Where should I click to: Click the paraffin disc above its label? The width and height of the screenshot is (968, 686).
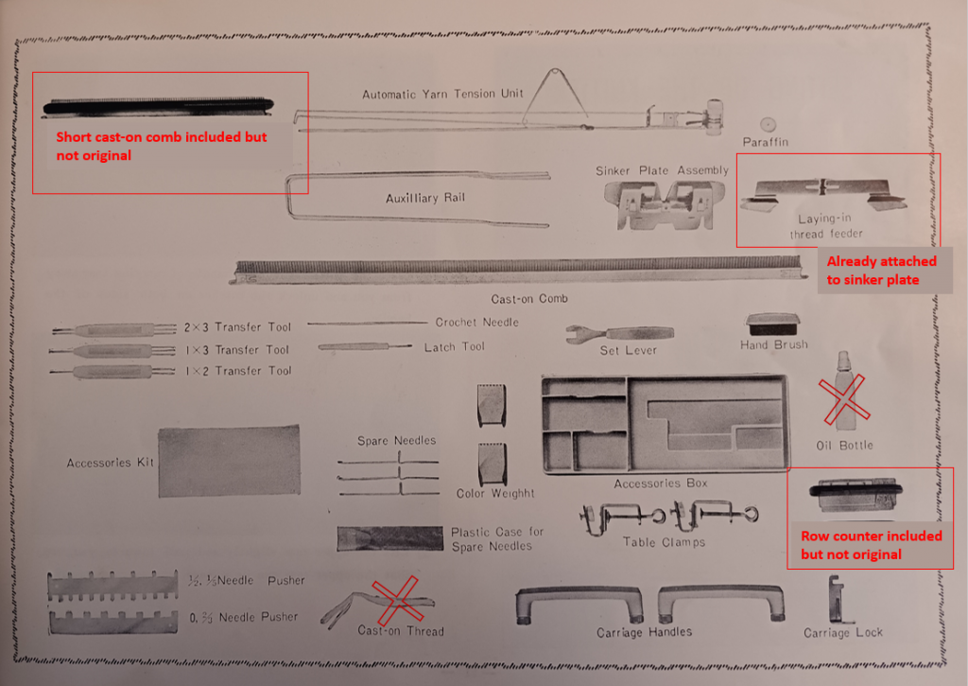[x=768, y=124]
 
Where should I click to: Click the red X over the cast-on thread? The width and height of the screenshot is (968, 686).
[x=398, y=600]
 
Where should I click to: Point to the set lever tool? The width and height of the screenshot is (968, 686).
[x=619, y=334]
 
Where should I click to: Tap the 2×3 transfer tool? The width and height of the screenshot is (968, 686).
[x=114, y=329]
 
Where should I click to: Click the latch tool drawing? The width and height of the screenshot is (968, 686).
[x=364, y=347]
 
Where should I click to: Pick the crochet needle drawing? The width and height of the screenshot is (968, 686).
[x=368, y=323]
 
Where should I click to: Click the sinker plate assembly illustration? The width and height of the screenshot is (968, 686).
[x=659, y=205]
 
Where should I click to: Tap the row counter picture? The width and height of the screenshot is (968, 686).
[x=856, y=495]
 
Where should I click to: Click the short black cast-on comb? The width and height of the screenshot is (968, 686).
[x=158, y=106]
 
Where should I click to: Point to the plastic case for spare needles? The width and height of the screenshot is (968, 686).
[x=389, y=538]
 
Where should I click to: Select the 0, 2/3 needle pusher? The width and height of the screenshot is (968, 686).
[x=113, y=622]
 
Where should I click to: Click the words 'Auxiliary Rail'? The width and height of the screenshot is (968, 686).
[x=424, y=198]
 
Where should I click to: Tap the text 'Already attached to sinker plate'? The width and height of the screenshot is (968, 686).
[x=881, y=271]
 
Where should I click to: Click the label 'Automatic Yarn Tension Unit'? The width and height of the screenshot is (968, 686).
[x=442, y=94]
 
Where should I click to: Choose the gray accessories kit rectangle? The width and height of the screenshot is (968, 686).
[x=229, y=461]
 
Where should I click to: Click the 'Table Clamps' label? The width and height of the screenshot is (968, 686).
[x=664, y=542]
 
